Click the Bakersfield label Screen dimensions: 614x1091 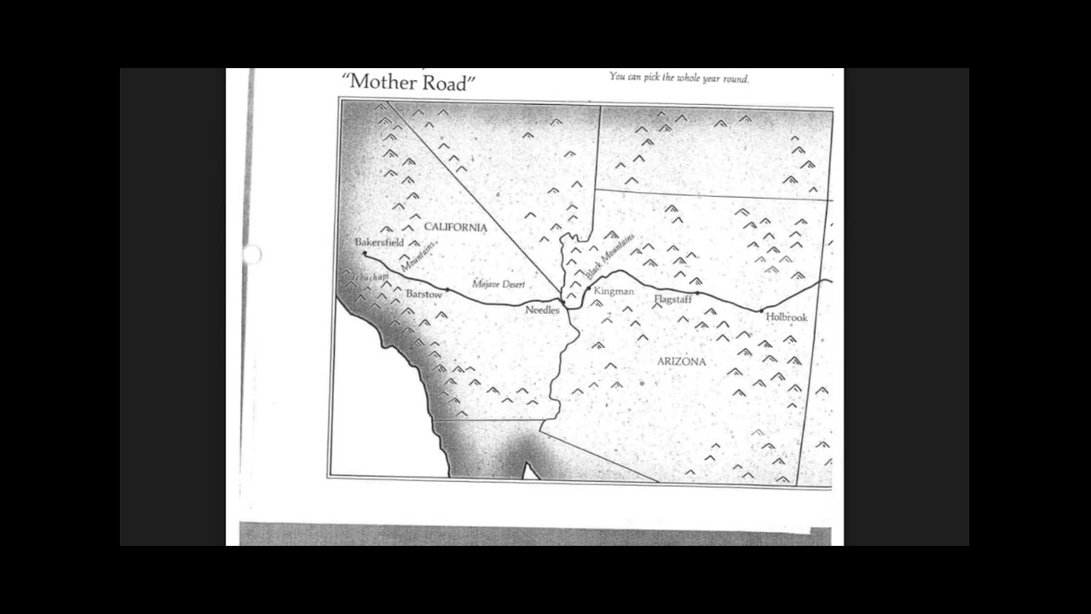pos(379,242)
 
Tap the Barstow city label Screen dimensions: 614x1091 pos(424,294)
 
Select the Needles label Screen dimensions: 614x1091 pos(542,310)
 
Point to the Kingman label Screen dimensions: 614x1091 pos(614,292)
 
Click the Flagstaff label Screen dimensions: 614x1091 pos(672,299)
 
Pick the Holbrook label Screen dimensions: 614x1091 pos(786,317)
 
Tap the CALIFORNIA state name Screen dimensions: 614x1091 pos(455,227)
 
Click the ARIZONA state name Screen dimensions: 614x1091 pos(681,362)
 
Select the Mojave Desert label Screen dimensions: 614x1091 pos(499,284)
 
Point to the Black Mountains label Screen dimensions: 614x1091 pos(610,256)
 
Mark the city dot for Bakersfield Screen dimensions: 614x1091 pos(364,253)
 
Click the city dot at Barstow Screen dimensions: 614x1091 pos(447,290)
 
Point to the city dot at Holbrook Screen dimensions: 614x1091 pos(761,310)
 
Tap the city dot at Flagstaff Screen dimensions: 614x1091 pos(697,293)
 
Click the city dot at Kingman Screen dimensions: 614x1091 pos(588,288)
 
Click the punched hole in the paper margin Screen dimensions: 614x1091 pos(251,254)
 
